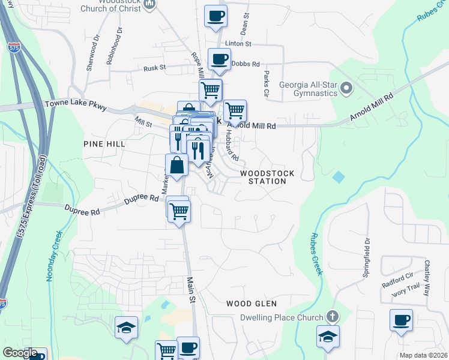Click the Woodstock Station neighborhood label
268,177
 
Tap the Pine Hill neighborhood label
104,144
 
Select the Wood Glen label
252,304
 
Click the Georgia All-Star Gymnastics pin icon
346,89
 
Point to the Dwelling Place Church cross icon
332,317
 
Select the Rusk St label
154,68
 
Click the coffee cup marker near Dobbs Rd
219,59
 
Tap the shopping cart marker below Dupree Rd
179,211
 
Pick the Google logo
20,353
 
